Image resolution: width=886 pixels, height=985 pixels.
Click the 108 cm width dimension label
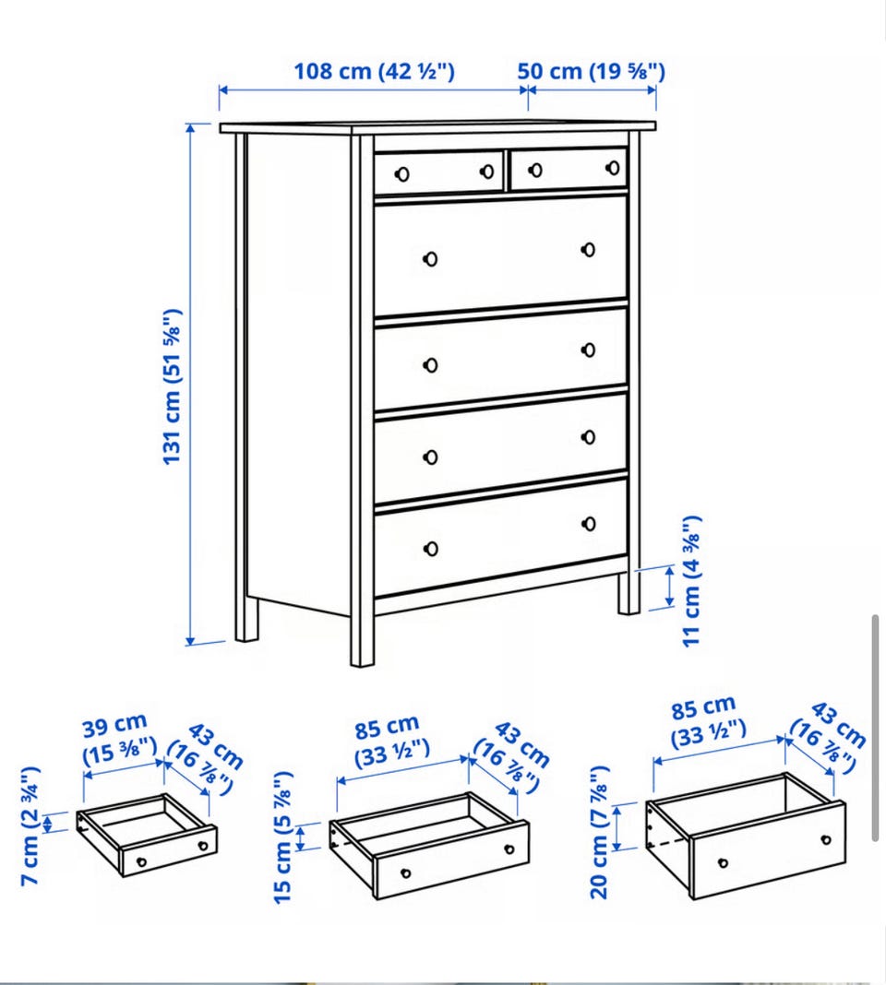point(374,71)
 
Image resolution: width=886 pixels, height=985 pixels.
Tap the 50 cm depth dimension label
point(591,71)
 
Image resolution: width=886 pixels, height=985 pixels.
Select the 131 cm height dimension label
point(172,387)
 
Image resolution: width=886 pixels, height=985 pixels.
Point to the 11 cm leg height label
point(691,581)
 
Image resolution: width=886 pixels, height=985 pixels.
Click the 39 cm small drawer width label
point(119,739)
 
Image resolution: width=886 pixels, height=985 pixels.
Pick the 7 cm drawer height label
point(30,826)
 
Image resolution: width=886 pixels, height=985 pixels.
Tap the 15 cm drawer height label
point(283,837)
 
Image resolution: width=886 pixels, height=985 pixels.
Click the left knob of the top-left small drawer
point(401,174)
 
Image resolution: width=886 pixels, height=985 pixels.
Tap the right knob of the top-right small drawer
point(613,168)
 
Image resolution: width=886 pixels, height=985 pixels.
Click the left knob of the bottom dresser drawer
point(431,549)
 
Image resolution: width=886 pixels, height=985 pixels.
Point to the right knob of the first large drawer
point(589,250)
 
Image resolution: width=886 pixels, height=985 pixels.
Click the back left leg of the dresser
point(246,619)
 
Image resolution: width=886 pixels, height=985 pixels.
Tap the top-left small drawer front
point(439,172)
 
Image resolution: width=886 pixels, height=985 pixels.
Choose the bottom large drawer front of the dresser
point(501,538)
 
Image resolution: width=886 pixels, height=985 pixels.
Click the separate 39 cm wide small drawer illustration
point(147,835)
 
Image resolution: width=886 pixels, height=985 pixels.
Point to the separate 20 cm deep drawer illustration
point(746,836)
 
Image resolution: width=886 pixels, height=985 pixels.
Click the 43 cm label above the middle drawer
point(512,757)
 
